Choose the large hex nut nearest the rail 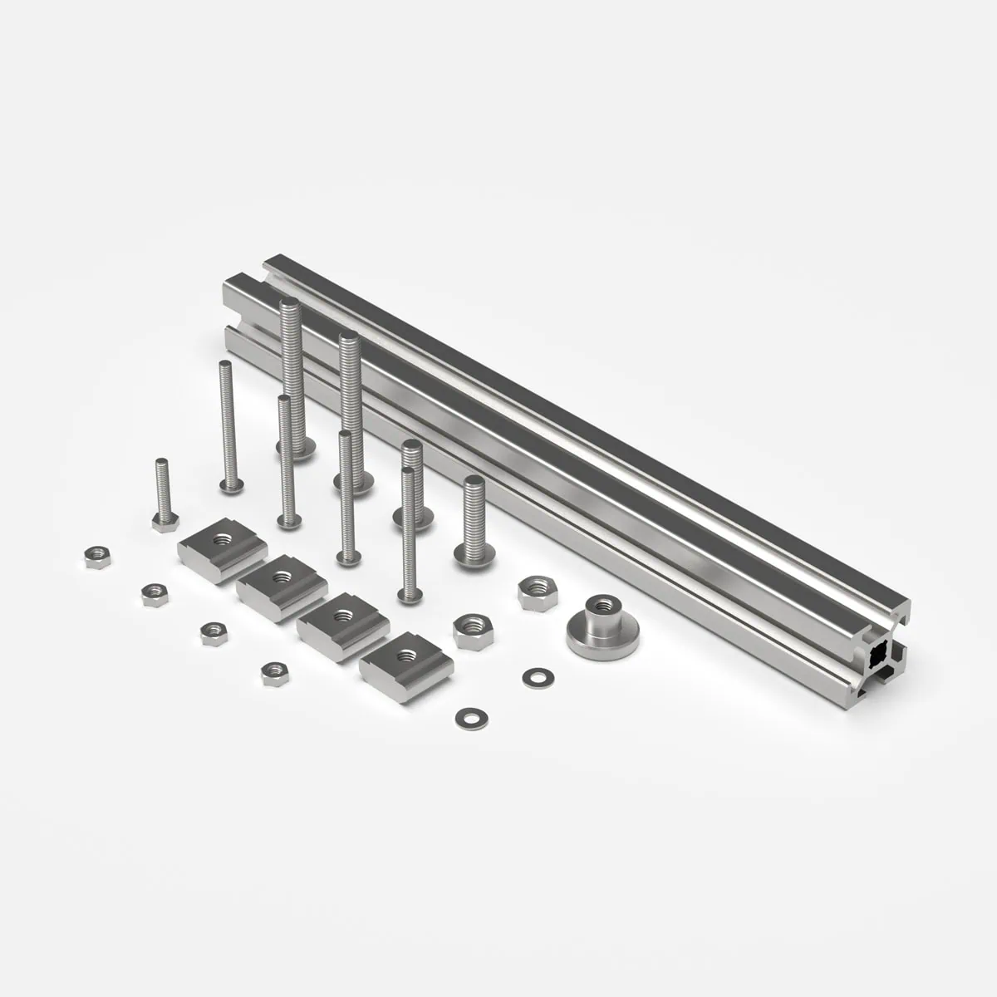(532, 592)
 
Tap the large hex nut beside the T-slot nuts (470, 631)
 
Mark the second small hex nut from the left (155, 594)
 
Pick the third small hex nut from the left (214, 631)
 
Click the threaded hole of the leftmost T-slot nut (223, 538)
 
